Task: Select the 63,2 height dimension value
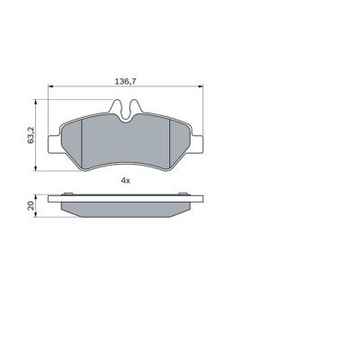click(31, 138)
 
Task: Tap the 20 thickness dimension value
click(31, 205)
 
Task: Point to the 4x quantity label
click(126, 181)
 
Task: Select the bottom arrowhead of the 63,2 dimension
click(37, 170)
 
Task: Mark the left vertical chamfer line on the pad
click(81, 144)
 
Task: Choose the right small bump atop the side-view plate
click(184, 193)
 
